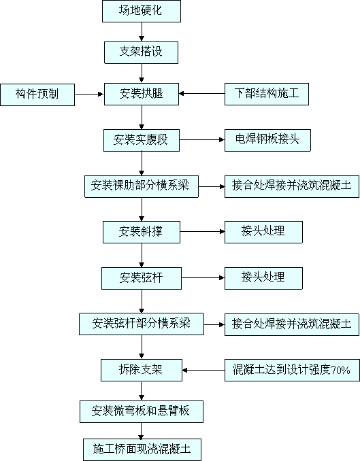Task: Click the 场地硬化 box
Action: coord(142,11)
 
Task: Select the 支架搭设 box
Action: coord(141,52)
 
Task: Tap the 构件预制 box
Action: coord(37,95)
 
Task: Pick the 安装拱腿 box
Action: coord(142,94)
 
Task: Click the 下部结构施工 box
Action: coord(267,94)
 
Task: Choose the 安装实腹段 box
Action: coord(142,140)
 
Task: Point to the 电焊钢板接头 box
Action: coord(267,140)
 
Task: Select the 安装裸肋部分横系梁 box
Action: coord(142,186)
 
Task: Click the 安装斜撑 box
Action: coord(142,233)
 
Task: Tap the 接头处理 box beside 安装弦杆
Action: coord(263,278)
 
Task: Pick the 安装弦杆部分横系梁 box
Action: coord(142,324)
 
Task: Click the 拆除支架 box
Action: coord(142,370)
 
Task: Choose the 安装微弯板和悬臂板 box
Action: coord(142,411)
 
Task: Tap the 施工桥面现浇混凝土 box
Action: coord(142,450)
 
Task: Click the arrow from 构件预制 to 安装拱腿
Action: coord(89,94)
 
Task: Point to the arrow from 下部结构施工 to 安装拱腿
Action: coord(201,94)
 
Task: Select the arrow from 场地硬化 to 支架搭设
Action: coord(142,32)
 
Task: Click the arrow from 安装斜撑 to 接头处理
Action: coord(202,232)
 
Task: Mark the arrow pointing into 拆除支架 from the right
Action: coord(203,370)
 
